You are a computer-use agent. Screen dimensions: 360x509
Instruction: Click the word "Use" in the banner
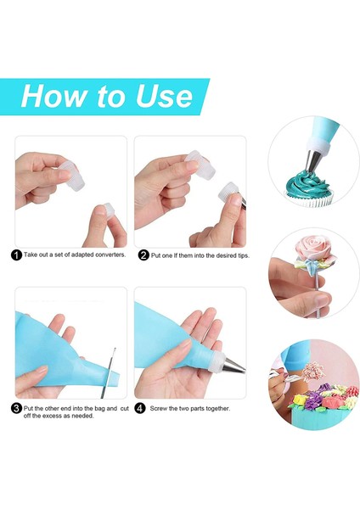click(164, 96)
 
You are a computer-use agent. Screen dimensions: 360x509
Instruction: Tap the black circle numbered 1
click(17, 255)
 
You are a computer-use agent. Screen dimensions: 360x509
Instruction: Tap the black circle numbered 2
click(144, 255)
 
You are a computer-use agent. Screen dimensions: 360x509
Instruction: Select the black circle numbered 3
click(17, 408)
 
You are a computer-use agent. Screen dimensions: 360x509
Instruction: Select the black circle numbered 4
click(140, 408)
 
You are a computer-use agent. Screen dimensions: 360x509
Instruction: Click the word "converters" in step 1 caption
click(110, 255)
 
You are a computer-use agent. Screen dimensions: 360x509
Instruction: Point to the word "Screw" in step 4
click(159, 408)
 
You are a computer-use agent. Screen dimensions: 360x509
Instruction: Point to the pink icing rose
click(310, 248)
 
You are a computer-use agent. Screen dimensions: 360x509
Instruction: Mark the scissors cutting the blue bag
click(109, 373)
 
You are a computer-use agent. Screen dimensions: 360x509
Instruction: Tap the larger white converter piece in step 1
click(72, 176)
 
